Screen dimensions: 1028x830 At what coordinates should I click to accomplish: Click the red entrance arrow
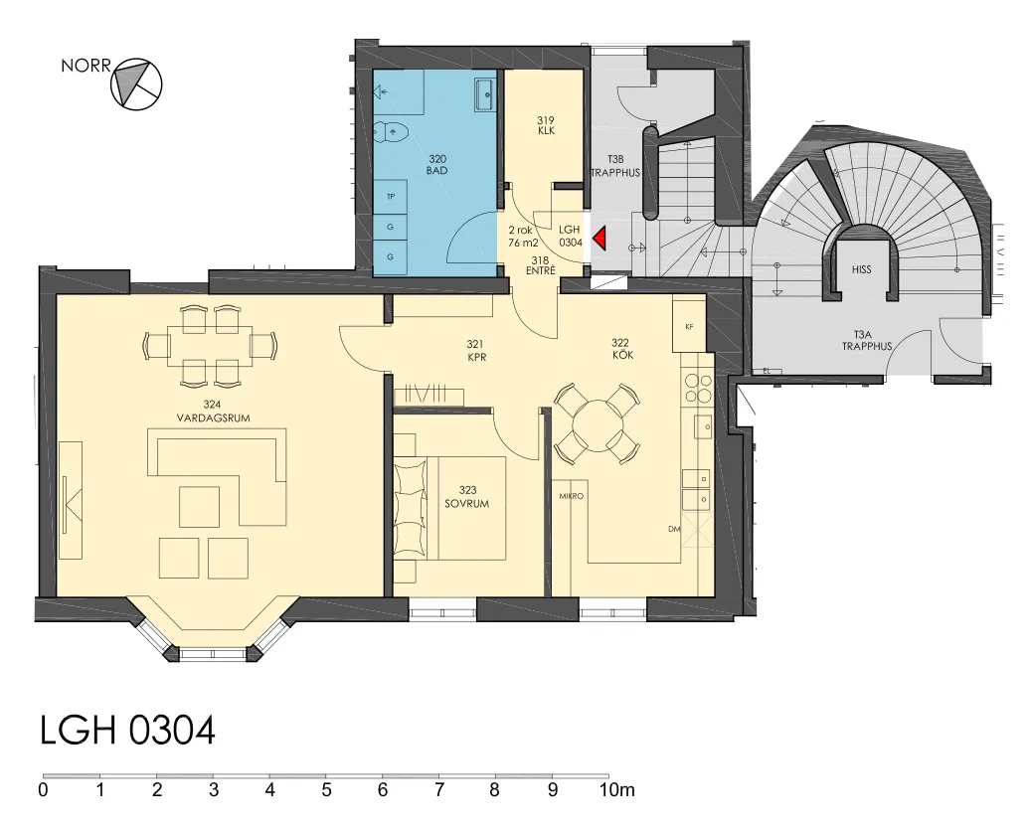pos(600,239)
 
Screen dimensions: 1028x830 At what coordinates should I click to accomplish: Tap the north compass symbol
pos(136,83)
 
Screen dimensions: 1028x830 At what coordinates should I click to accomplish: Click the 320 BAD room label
pos(437,165)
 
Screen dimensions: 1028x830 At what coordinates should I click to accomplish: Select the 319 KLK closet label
pos(546,125)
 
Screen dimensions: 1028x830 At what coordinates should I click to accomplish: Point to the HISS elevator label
pos(862,269)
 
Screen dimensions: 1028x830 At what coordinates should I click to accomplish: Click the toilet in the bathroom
pos(392,132)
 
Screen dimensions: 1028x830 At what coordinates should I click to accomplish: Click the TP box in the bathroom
pos(391,197)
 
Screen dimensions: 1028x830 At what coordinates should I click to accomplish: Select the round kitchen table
pos(596,424)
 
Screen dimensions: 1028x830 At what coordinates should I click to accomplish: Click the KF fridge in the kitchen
pos(688,326)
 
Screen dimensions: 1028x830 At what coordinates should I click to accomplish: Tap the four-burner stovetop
pos(697,387)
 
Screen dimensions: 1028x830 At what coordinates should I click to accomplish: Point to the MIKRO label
pos(571,496)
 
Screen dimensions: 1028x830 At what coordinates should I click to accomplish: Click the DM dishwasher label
pos(674,529)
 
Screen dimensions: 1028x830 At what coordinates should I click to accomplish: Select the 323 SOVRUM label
pos(467,497)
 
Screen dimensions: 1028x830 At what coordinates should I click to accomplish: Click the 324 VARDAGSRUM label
pos(213,412)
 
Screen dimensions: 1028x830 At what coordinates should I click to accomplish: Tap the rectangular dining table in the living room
pos(210,346)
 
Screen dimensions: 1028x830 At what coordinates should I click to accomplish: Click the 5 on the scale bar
pos(326,790)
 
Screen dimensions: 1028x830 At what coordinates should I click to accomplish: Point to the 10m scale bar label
pos(616,790)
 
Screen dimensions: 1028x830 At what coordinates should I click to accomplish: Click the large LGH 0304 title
pos(128,731)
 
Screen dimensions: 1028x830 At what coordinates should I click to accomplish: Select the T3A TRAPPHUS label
pos(867,340)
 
